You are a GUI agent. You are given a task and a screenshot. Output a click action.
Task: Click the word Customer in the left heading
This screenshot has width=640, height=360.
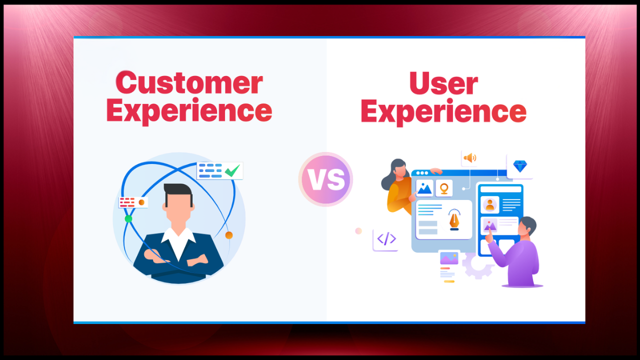[x=189, y=83]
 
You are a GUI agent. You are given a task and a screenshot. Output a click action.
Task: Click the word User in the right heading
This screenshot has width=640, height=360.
[x=443, y=83]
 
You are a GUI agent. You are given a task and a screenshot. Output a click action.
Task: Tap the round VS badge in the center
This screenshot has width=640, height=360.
[x=325, y=179]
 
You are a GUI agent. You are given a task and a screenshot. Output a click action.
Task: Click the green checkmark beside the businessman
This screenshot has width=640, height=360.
[x=231, y=171]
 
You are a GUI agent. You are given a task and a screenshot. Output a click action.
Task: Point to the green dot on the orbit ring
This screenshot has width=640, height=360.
[x=128, y=218]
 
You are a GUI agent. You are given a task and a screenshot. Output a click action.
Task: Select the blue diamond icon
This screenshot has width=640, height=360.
[x=520, y=166]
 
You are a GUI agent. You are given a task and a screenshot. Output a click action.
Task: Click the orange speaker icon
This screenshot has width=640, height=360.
[x=469, y=158]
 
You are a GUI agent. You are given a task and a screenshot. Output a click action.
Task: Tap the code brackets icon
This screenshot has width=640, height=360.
[x=386, y=238]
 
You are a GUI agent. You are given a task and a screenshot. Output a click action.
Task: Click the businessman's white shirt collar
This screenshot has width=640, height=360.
[x=178, y=239]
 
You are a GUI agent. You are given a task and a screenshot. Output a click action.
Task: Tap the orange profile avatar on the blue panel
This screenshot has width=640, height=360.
[x=489, y=204]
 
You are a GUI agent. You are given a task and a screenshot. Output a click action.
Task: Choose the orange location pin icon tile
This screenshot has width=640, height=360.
[x=443, y=188]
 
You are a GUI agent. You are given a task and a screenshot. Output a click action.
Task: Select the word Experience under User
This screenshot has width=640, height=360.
[x=443, y=111]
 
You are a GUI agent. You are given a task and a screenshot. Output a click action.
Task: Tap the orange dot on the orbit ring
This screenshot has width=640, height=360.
[x=228, y=235]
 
